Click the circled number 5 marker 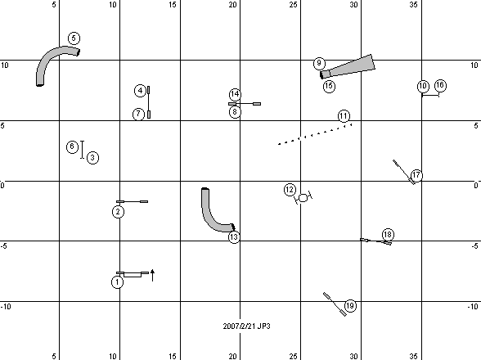[74, 38]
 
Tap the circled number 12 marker [290, 190]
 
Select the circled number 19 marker [350, 306]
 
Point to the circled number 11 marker [344, 116]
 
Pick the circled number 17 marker [416, 175]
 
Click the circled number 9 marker [319, 63]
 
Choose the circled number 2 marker [118, 212]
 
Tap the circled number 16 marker [440, 85]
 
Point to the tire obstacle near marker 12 [303, 198]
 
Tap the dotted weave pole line [315, 134]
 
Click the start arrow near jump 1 [153, 275]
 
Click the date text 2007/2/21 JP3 [247, 326]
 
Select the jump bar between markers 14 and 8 [245, 104]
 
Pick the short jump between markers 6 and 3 [82, 150]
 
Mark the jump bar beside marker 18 [375, 241]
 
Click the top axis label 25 [293, 5]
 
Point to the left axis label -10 [6, 306]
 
